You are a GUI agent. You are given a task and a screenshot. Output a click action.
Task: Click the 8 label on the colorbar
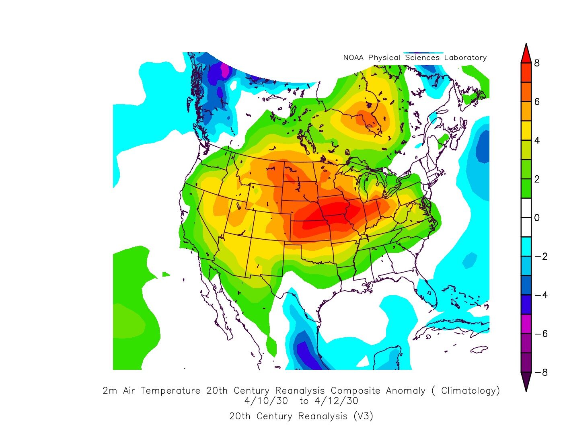pyautogui.click(x=537, y=63)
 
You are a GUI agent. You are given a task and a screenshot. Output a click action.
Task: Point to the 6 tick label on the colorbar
pyautogui.click(x=537, y=102)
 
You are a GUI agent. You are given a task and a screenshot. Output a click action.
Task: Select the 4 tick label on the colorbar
pyautogui.click(x=537, y=140)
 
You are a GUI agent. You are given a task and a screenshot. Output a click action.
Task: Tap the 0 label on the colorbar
pyautogui.click(x=537, y=218)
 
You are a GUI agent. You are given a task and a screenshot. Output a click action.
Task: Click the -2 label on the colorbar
pyautogui.click(x=540, y=256)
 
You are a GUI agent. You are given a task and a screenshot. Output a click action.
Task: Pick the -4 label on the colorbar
pyautogui.click(x=540, y=295)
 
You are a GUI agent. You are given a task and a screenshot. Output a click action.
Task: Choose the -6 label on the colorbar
pyautogui.click(x=540, y=334)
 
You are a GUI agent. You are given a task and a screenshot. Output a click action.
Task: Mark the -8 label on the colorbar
pyautogui.click(x=540, y=372)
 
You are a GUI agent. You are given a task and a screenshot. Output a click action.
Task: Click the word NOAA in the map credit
pyautogui.click(x=353, y=58)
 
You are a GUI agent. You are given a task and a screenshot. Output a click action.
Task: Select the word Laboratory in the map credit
pyautogui.click(x=465, y=58)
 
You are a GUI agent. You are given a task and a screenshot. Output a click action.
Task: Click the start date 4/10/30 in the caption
pyautogui.click(x=266, y=401)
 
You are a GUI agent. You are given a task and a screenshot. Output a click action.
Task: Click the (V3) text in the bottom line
pyautogui.click(x=364, y=416)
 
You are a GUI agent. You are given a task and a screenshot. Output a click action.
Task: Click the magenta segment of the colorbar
pyautogui.click(x=526, y=324)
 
